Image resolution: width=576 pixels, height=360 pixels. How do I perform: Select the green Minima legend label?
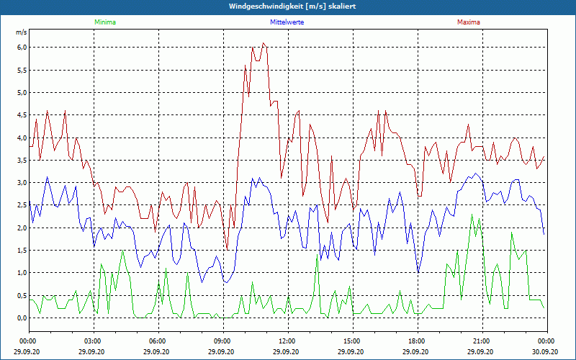(104, 22)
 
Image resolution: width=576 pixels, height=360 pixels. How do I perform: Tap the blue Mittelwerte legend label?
(287, 22)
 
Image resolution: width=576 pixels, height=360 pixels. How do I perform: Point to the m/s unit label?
(21, 33)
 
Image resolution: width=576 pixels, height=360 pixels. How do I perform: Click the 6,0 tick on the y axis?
(22, 48)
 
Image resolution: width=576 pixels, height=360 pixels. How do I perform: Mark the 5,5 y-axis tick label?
(22, 70)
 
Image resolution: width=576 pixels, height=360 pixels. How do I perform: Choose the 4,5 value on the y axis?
(22, 115)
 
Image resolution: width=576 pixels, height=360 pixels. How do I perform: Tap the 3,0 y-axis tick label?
(22, 183)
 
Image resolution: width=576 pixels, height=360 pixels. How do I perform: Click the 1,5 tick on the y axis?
(22, 251)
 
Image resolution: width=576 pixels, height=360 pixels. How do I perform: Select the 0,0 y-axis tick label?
(22, 318)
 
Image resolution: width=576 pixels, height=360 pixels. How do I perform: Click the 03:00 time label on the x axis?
(93, 341)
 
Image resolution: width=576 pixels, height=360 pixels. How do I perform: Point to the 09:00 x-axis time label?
(222, 341)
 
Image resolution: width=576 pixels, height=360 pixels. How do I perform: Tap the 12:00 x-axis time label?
(287, 341)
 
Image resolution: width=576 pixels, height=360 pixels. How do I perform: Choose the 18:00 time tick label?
(417, 341)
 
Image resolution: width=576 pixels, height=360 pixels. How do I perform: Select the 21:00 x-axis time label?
(482, 341)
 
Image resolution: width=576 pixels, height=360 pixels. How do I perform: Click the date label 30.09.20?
(546, 352)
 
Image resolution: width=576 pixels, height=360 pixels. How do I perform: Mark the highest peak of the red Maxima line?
(264, 43)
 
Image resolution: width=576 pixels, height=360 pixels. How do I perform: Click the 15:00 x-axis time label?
(352, 341)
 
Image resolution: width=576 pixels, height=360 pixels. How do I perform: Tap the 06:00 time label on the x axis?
(158, 341)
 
